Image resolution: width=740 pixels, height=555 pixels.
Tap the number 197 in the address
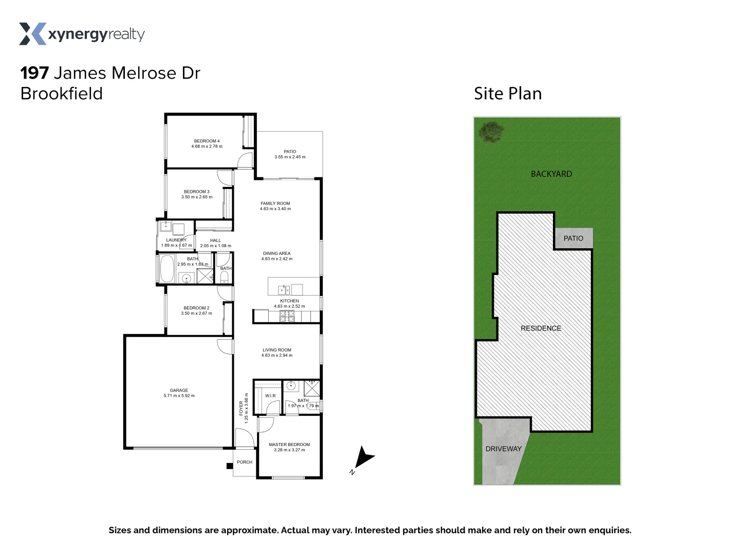click(x=34, y=73)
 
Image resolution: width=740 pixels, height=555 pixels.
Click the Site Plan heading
click(x=508, y=94)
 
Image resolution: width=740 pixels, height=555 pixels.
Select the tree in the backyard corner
click(x=491, y=131)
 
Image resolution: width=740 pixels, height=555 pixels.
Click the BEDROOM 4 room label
click(x=207, y=141)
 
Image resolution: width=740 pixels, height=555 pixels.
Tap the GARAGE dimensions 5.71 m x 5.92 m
click(x=179, y=396)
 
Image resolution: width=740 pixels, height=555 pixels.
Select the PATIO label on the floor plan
click(x=290, y=152)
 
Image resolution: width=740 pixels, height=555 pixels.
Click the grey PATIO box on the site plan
click(x=573, y=238)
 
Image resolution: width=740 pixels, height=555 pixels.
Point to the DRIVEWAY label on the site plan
click(x=503, y=449)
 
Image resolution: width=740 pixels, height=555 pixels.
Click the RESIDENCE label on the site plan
click(x=541, y=328)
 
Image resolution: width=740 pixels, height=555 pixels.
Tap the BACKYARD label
click(x=551, y=174)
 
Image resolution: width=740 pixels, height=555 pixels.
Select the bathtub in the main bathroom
click(x=167, y=269)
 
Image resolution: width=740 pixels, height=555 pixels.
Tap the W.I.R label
click(x=270, y=396)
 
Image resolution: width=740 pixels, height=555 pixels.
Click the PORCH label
click(x=245, y=462)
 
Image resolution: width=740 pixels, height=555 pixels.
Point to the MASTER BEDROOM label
click(x=289, y=445)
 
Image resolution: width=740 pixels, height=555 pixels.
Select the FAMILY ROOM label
click(x=275, y=203)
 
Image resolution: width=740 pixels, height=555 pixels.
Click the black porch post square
click(x=230, y=466)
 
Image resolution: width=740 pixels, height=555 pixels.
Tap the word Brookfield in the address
click(x=62, y=94)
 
